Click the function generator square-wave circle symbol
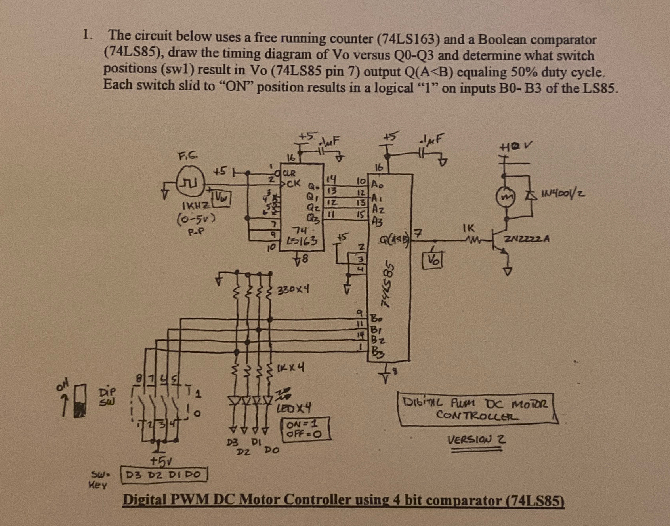pyautogui.click(x=189, y=181)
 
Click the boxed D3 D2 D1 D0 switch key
pyautogui.click(x=163, y=474)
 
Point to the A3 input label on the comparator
pyautogui.click(x=377, y=222)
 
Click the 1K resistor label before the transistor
pyautogui.click(x=468, y=228)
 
